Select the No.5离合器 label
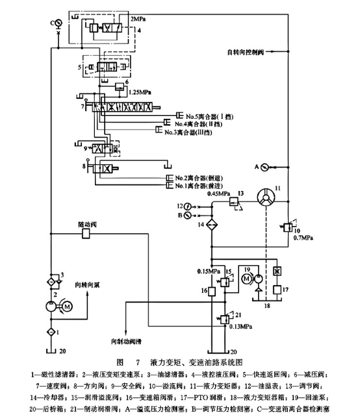click(203, 116)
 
